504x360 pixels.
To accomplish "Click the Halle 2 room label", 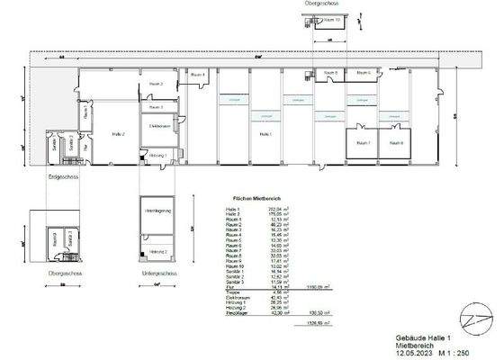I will pyautogui.click(x=119, y=133).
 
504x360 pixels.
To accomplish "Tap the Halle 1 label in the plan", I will pyautogui.click(x=265, y=133).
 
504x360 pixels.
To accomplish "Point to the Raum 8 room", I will pyautogui.click(x=397, y=143).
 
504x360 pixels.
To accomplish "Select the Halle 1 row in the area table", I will pyautogui.click(x=252, y=208).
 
